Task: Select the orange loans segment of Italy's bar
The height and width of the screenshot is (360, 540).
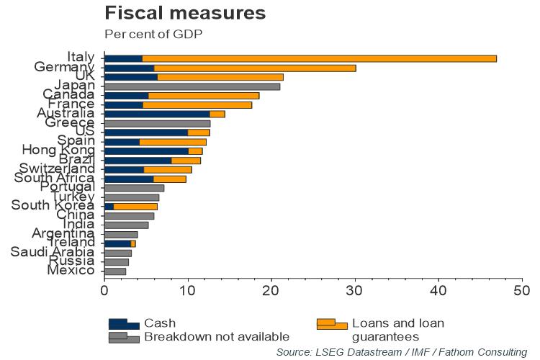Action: (x=319, y=58)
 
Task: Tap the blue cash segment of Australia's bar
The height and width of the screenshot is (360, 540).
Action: (x=157, y=114)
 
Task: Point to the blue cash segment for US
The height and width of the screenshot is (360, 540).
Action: (x=146, y=132)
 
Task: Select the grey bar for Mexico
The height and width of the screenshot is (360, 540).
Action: (x=115, y=271)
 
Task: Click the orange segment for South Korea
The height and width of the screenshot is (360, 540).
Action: (x=135, y=207)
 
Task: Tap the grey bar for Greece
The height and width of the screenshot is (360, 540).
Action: (x=157, y=123)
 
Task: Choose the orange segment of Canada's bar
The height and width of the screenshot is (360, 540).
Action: (x=204, y=95)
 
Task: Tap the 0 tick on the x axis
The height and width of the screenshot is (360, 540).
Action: (x=104, y=293)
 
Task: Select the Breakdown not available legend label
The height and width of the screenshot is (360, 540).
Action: (x=217, y=336)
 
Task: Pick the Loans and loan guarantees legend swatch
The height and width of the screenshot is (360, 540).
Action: (x=332, y=324)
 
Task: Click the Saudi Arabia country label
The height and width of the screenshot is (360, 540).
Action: (x=52, y=252)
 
